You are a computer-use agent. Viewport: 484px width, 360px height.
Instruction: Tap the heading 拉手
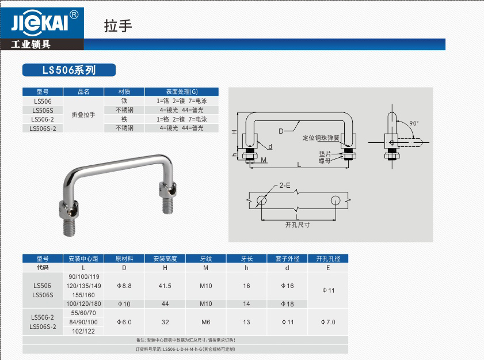119,26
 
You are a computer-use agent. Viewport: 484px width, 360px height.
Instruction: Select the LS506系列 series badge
68,70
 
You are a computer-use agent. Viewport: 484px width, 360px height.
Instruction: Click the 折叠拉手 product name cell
83,115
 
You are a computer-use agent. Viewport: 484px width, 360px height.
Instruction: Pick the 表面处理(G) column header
181,92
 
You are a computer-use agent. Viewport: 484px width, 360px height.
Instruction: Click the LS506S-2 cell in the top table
43,128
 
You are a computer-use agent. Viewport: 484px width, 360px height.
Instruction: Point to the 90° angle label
414,123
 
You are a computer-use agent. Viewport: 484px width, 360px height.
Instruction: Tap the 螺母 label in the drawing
326,161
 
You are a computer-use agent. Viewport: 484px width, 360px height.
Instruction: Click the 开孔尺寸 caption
298,225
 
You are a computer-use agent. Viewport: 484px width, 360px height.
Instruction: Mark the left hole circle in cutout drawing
261,200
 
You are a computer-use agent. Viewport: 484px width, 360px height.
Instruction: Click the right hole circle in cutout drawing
335,200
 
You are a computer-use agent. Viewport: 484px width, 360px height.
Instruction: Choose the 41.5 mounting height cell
165,286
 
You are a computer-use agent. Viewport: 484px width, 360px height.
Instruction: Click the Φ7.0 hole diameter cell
328,322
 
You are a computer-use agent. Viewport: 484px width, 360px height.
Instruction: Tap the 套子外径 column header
287,259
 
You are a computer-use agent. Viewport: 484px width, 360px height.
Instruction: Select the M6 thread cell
205,322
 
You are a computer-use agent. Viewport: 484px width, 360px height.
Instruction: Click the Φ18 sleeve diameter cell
287,304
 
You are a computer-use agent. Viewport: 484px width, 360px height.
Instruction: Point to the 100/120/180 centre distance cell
83,304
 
